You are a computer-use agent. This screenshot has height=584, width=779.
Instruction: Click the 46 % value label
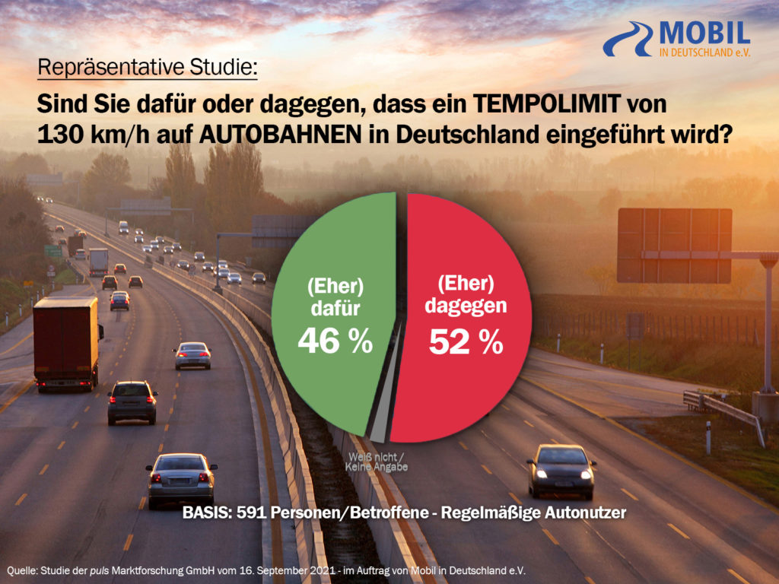(335, 342)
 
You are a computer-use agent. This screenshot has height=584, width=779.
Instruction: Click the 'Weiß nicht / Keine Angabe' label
(377, 462)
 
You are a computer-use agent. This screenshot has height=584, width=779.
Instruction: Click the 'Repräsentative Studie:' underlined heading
(148, 68)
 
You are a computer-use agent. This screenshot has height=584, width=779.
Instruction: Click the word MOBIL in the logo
(704, 32)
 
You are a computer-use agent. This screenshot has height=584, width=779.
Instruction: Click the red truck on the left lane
(66, 342)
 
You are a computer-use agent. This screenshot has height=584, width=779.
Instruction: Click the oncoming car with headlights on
(561, 470)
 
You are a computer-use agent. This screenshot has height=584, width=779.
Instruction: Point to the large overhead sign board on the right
(674, 245)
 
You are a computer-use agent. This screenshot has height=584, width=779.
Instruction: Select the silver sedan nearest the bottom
(181, 479)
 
